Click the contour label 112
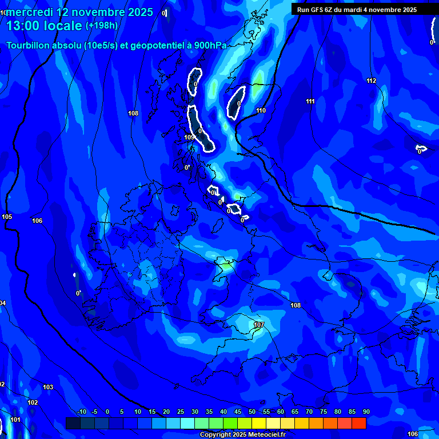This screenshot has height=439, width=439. tap(372, 81)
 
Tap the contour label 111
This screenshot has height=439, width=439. tap(310, 101)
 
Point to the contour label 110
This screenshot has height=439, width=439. tap(261, 110)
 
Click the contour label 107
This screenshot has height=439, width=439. tap(259, 325)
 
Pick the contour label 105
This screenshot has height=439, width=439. tap(7, 217)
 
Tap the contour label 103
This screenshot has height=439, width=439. tap(48, 387)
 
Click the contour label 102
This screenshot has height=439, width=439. tap(33, 402)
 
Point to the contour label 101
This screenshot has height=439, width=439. tap(15, 420)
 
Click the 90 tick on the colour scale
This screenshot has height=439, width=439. tap(366, 412)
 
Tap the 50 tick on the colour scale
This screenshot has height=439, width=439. tap(252, 412)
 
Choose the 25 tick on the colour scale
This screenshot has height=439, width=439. tap(181, 412)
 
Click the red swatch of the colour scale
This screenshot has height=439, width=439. tap(358, 423)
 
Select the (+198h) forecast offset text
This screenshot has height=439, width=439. tap(102, 25)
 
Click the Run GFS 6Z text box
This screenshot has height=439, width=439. tap(357, 9)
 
